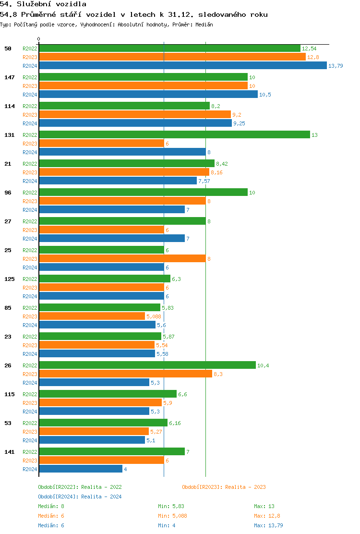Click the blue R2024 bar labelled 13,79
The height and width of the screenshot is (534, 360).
click(182, 66)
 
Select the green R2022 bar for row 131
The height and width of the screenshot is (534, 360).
click(174, 135)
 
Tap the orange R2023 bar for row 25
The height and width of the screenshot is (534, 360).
click(122, 259)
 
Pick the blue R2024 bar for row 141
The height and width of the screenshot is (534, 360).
click(81, 469)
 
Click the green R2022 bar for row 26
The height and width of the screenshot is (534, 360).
click(147, 365)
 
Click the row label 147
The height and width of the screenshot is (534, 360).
click(10, 77)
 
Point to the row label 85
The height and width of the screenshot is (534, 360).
click(8, 308)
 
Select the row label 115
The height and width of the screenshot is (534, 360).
click(10, 394)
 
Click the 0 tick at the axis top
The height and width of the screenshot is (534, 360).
click(39, 39)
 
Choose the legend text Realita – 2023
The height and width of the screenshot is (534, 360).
click(245, 487)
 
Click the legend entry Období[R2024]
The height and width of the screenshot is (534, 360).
click(59, 497)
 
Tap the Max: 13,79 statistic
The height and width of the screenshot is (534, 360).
click(268, 525)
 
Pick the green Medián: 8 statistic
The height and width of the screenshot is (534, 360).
click(51, 506)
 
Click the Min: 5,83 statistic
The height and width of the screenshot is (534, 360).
click(171, 506)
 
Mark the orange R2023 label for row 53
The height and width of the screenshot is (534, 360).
click(30, 432)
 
